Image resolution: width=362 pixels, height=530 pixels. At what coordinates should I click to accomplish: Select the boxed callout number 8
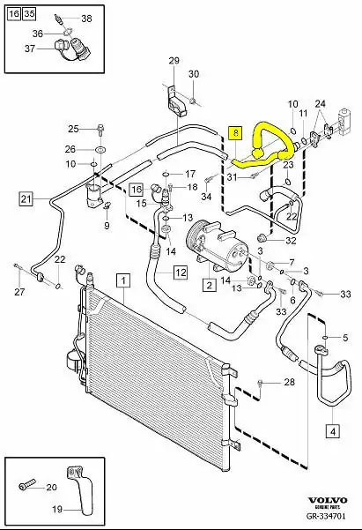(x=234, y=132)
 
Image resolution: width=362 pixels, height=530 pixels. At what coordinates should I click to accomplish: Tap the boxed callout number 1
(x=123, y=281)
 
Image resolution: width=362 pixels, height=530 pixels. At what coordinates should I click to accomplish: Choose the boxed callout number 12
(x=179, y=272)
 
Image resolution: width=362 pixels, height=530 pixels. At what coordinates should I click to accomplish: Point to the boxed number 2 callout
(x=209, y=284)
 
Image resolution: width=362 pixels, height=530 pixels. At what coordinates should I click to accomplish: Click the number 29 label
(x=174, y=60)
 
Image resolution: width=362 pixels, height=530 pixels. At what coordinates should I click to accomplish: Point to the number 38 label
(x=85, y=19)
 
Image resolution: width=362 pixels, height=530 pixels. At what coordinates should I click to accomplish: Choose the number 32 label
(x=292, y=239)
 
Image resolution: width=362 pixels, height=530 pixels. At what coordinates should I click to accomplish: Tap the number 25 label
(x=74, y=128)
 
